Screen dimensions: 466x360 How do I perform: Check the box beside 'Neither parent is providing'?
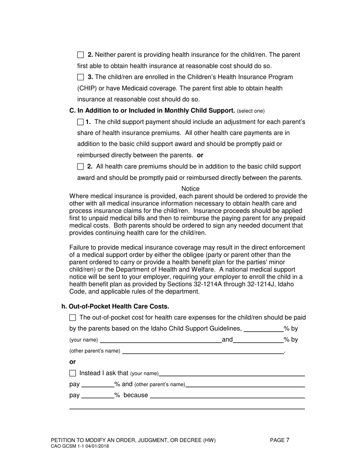tap(80, 55)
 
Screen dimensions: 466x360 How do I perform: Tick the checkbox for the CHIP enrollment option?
tap(80, 77)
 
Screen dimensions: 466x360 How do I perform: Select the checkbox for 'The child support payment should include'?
tap(80, 122)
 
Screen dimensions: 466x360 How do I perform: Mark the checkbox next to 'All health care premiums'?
tap(80, 167)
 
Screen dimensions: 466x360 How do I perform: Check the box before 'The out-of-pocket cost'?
tap(73, 317)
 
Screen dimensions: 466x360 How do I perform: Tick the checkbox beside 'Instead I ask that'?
tap(73, 373)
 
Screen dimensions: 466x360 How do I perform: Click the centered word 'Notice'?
tap(190, 189)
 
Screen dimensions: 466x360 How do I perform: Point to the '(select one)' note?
tap(250, 111)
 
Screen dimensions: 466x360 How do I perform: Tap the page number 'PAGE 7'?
tap(280, 440)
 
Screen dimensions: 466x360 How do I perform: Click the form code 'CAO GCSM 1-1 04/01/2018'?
tap(80, 446)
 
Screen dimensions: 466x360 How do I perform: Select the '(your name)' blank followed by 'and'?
tap(161, 340)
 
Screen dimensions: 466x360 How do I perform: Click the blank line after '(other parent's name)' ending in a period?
tap(203, 351)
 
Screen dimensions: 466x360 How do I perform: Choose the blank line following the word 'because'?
tap(227, 396)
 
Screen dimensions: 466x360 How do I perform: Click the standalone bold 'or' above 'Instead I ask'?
tap(72, 362)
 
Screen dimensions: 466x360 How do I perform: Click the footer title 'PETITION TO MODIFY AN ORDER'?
tap(133, 440)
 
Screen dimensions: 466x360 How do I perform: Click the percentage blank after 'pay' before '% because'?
tap(98, 396)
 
